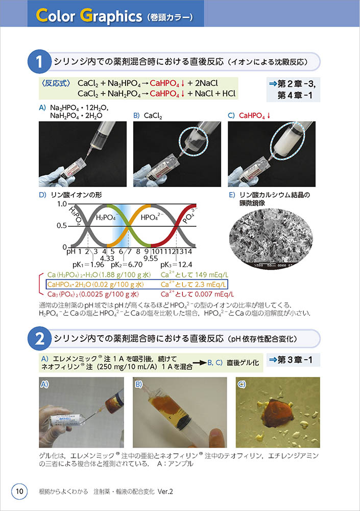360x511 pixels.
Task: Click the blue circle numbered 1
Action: tap(39, 61)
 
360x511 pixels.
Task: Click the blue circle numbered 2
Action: tap(39, 339)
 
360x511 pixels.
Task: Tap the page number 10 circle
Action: tap(19, 491)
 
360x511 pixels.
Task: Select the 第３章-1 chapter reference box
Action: tap(293, 360)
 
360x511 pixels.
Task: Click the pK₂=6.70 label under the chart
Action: tap(127, 264)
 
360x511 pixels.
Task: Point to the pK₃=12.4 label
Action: tap(176, 264)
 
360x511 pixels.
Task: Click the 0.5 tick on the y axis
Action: tap(62, 225)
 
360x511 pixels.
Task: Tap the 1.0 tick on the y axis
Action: tap(62, 204)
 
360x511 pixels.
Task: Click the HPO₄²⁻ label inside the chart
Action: tap(152, 217)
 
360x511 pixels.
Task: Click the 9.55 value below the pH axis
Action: tap(151, 259)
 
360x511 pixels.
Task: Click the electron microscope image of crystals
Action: tap(271, 238)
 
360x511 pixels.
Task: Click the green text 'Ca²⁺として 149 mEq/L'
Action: tap(195, 275)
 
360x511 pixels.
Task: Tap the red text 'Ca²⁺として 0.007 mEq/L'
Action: tap(197, 294)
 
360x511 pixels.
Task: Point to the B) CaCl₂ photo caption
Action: tap(148, 115)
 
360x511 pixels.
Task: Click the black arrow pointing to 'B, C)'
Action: tap(199, 363)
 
